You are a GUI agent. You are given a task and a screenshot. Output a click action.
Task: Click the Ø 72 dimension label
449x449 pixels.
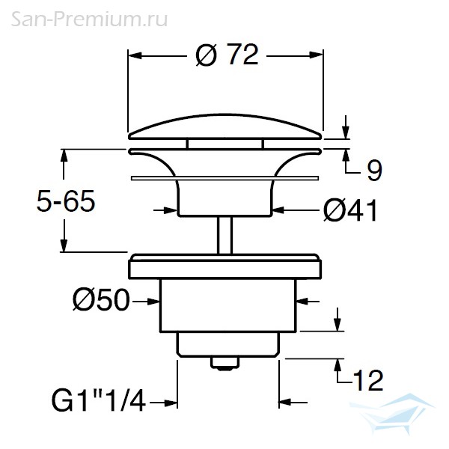227,55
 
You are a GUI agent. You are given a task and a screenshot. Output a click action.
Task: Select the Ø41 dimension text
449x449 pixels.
350,210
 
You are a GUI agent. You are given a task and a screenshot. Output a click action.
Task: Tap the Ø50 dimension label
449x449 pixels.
101,300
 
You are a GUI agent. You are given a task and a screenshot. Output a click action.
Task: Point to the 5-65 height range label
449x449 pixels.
66,201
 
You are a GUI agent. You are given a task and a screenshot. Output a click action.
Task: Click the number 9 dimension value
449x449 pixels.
374,171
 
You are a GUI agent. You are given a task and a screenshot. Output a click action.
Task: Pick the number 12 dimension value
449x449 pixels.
368,380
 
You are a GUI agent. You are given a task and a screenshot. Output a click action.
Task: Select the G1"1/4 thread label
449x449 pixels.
99,400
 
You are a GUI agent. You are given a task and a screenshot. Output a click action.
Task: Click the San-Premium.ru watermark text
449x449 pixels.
89,19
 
